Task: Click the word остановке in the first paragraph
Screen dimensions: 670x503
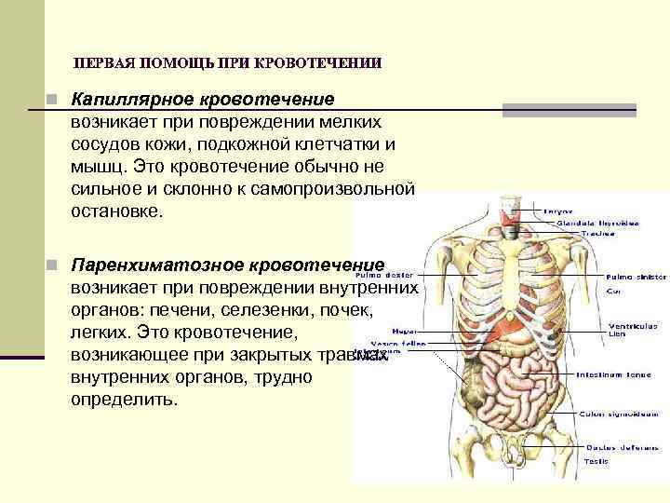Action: (x=115, y=211)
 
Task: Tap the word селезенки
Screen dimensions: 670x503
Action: (x=279, y=309)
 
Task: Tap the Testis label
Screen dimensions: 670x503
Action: (x=596, y=461)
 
